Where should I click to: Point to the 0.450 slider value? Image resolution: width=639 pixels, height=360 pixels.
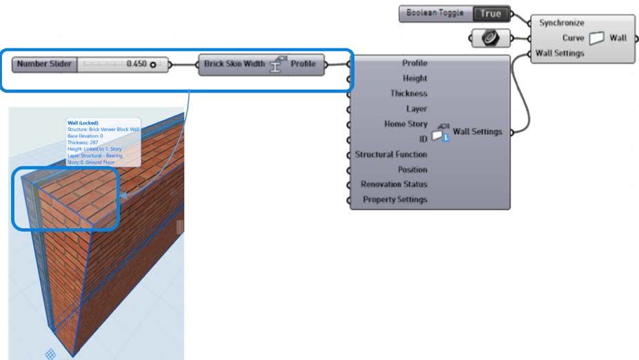(x=137, y=64)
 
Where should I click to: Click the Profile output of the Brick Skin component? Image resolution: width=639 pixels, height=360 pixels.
(x=302, y=64)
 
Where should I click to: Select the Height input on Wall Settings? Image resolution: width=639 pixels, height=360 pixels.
(x=415, y=78)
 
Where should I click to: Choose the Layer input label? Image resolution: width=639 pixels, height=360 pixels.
(x=417, y=108)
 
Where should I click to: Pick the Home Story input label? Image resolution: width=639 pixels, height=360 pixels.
(x=405, y=123)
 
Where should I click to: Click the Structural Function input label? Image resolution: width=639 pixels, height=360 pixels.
(x=391, y=154)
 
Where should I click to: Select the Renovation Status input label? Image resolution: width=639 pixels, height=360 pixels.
(x=394, y=185)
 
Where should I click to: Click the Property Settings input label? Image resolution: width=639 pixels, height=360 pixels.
(x=395, y=200)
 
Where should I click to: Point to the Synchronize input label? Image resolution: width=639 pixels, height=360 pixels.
(x=562, y=23)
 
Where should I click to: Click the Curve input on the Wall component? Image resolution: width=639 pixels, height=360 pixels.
(x=572, y=38)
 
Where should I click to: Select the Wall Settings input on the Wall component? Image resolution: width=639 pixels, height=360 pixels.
(x=560, y=53)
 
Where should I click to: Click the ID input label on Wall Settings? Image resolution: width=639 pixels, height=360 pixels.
(x=423, y=139)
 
